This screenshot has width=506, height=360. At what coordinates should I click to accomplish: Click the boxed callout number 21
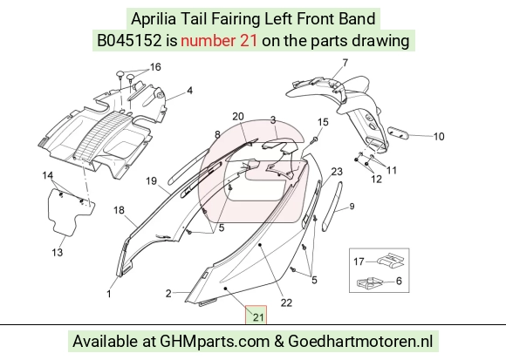[x=258, y=317]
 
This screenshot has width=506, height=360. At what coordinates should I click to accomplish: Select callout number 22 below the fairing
[x=286, y=302]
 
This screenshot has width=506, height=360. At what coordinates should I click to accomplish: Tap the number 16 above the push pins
[x=155, y=67]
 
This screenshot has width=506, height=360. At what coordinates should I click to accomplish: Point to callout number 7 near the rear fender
[x=345, y=62]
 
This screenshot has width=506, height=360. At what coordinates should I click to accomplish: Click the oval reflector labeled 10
[x=398, y=132]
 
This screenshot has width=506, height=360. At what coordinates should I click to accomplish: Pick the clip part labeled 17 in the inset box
[x=392, y=260]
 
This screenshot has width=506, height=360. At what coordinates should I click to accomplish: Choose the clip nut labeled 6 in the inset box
[x=370, y=282]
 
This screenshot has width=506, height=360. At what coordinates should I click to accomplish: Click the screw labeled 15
[x=315, y=139]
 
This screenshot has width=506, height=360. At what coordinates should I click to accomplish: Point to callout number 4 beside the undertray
[x=190, y=91]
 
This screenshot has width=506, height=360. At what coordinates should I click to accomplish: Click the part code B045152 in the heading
[x=129, y=41]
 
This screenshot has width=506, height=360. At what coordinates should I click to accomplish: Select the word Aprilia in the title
[x=154, y=19]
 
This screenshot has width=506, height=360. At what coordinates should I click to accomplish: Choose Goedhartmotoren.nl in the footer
[x=360, y=342]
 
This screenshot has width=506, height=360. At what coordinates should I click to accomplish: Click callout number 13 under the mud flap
[x=57, y=252]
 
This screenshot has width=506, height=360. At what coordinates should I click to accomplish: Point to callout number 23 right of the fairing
[x=337, y=172]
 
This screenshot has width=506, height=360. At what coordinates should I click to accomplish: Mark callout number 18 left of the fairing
[x=119, y=210]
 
